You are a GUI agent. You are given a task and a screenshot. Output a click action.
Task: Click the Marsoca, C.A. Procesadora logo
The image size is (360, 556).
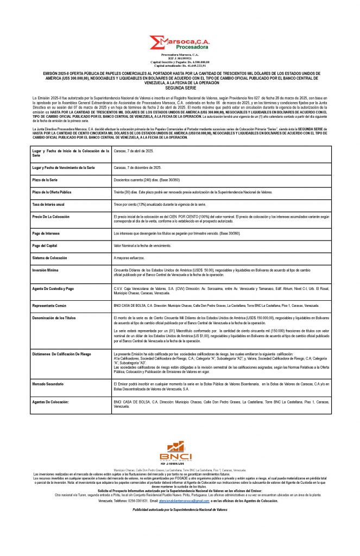[179, 42]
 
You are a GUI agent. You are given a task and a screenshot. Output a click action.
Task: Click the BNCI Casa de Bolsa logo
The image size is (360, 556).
[179, 453]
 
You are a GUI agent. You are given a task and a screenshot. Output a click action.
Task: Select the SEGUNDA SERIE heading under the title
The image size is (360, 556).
[180, 87]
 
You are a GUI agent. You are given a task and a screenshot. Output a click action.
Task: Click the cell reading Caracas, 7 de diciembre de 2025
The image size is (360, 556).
[145, 168]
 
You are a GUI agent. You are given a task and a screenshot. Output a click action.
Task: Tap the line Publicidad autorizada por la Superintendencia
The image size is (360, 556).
[179, 510]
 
